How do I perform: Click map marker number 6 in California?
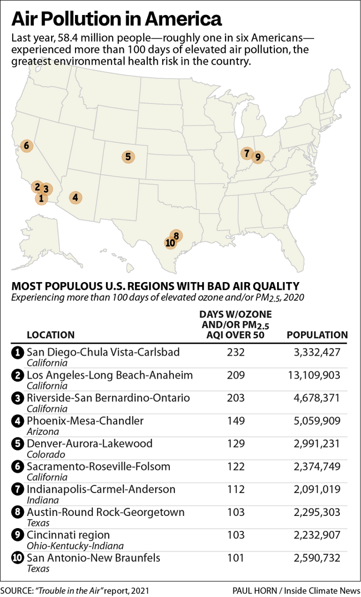tap(26, 146)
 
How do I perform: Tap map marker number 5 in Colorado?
tap(128, 157)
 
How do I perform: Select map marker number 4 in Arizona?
tap(75, 197)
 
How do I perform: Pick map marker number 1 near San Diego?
tap(41, 198)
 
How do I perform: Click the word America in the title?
tap(183, 19)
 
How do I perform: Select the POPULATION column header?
tap(317, 335)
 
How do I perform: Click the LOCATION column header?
tap(51, 335)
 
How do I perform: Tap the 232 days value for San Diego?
tap(235, 352)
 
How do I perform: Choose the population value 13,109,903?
tap(314, 375)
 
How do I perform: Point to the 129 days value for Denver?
tap(235, 444)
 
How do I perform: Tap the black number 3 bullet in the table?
tap(17, 398)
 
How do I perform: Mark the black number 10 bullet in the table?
tap(17, 558)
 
